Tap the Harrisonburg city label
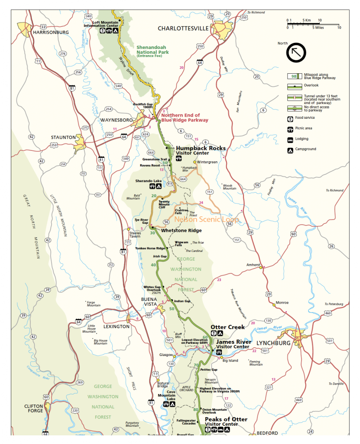point(51,32)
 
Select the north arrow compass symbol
point(296,52)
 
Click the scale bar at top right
point(313,23)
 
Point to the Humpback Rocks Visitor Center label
point(201,150)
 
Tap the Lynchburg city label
point(273,343)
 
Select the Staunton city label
point(63,137)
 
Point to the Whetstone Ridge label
point(181,231)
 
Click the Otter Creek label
point(227,327)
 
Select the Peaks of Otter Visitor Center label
point(226,421)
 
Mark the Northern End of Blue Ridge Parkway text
point(185,118)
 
